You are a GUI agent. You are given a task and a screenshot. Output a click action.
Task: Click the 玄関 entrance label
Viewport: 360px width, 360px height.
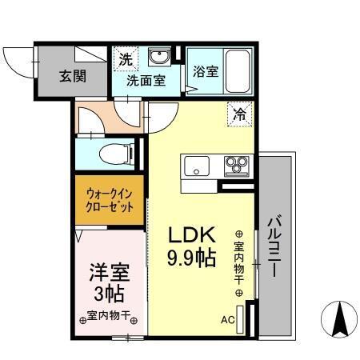click(x=71, y=78)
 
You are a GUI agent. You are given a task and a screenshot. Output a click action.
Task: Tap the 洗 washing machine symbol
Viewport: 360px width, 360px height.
click(x=126, y=58)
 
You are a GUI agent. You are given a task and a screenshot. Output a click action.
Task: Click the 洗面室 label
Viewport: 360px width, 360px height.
click(x=145, y=80)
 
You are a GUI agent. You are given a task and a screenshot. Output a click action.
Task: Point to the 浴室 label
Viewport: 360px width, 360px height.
click(x=205, y=71)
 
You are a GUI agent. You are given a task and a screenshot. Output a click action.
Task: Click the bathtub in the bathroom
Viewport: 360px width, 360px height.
click(x=238, y=70)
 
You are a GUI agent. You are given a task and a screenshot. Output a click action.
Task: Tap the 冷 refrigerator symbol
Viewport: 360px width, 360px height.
click(x=239, y=114)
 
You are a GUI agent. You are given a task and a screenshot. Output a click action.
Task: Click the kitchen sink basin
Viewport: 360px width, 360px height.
click(x=196, y=167)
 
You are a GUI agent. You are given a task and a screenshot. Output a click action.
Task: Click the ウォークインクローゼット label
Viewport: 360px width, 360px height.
click(x=110, y=198)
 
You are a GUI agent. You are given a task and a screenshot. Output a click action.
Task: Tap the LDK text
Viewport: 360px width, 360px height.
click(x=191, y=236)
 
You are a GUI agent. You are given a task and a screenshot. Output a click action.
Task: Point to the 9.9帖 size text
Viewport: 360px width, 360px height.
click(x=191, y=258)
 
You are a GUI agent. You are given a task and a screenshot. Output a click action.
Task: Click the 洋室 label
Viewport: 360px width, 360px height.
click(x=109, y=272)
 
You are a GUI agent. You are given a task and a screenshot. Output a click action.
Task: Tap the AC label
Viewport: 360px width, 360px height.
click(x=227, y=320)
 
